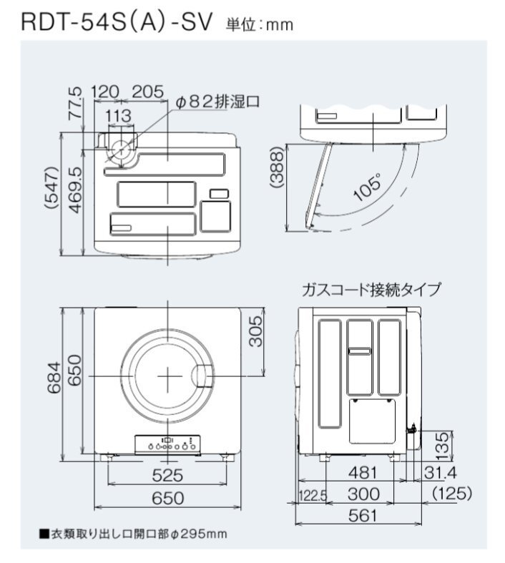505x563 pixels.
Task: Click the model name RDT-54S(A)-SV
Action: (x=117, y=22)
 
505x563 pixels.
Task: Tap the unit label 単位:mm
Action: (x=260, y=24)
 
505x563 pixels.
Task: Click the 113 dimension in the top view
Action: (x=119, y=116)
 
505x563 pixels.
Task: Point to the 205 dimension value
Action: (x=148, y=92)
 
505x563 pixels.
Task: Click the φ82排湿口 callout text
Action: (x=217, y=102)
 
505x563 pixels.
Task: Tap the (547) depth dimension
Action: (x=52, y=188)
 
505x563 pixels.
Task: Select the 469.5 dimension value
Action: (x=76, y=190)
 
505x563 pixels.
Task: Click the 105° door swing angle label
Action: (x=367, y=187)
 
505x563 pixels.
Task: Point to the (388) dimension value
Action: (x=277, y=167)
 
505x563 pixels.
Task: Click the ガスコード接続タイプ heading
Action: (x=371, y=290)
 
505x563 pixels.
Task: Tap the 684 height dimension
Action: (x=55, y=378)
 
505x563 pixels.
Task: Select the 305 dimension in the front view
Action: (x=256, y=331)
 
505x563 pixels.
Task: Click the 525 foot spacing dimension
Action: (x=167, y=476)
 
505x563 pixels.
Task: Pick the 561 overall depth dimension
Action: (x=363, y=516)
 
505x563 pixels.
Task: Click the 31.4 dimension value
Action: (x=440, y=473)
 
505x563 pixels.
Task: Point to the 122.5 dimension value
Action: (x=313, y=496)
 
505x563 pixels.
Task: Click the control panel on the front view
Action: (x=167, y=445)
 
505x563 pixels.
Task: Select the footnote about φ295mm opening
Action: (x=133, y=534)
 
